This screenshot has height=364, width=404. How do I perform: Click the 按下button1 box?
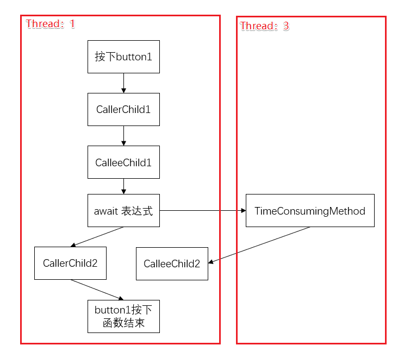tap(123, 57)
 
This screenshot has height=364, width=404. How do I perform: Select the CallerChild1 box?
tap(123, 109)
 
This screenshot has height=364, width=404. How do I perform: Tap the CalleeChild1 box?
tap(123, 162)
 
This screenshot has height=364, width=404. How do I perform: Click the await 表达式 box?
tap(123, 211)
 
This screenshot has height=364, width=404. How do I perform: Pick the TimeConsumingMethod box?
tap(310, 211)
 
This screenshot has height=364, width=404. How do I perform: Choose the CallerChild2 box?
tap(70, 263)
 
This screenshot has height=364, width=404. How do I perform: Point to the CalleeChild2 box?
tap(172, 264)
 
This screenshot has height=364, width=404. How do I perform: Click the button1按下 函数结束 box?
tap(123, 317)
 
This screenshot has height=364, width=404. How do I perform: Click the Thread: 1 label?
tap(51, 24)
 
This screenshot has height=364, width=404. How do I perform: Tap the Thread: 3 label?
tap(264, 26)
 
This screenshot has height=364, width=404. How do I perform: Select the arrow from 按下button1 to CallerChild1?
tap(123, 83)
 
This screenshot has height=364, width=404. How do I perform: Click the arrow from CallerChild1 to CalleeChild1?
tap(123, 136)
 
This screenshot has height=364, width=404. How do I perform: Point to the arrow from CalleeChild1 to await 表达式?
tap(123, 186)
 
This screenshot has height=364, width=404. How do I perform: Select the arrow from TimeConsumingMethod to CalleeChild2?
tap(259, 245)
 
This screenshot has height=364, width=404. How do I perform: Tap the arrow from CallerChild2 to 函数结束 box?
tap(97, 290)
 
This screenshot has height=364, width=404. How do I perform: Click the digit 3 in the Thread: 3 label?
tap(286, 26)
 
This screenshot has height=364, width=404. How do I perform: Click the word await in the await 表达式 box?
tap(106, 211)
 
